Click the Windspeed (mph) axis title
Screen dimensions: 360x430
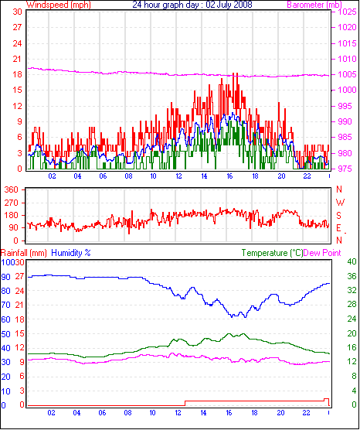point(59,5)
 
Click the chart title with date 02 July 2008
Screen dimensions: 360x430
point(192,5)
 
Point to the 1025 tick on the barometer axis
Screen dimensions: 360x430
point(348,12)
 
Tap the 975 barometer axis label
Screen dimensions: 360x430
point(347,169)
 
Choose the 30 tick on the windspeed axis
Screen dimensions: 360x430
point(17,12)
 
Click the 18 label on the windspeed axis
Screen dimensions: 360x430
point(17,74)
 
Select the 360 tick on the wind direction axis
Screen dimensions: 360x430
point(12,189)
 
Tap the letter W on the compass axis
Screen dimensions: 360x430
point(340,203)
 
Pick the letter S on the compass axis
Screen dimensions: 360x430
point(339,216)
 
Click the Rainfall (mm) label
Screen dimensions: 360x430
point(24,253)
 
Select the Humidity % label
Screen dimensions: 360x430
point(71,253)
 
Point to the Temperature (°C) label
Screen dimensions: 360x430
point(272,253)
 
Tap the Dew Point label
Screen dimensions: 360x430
point(322,253)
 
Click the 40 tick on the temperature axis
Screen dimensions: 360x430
point(352,261)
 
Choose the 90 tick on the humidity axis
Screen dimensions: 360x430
point(5,277)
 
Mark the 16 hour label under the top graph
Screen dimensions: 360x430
point(229,176)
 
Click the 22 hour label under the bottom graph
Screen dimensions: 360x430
point(306,413)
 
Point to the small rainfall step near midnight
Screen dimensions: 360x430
point(326,399)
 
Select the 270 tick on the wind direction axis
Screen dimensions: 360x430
point(12,203)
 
